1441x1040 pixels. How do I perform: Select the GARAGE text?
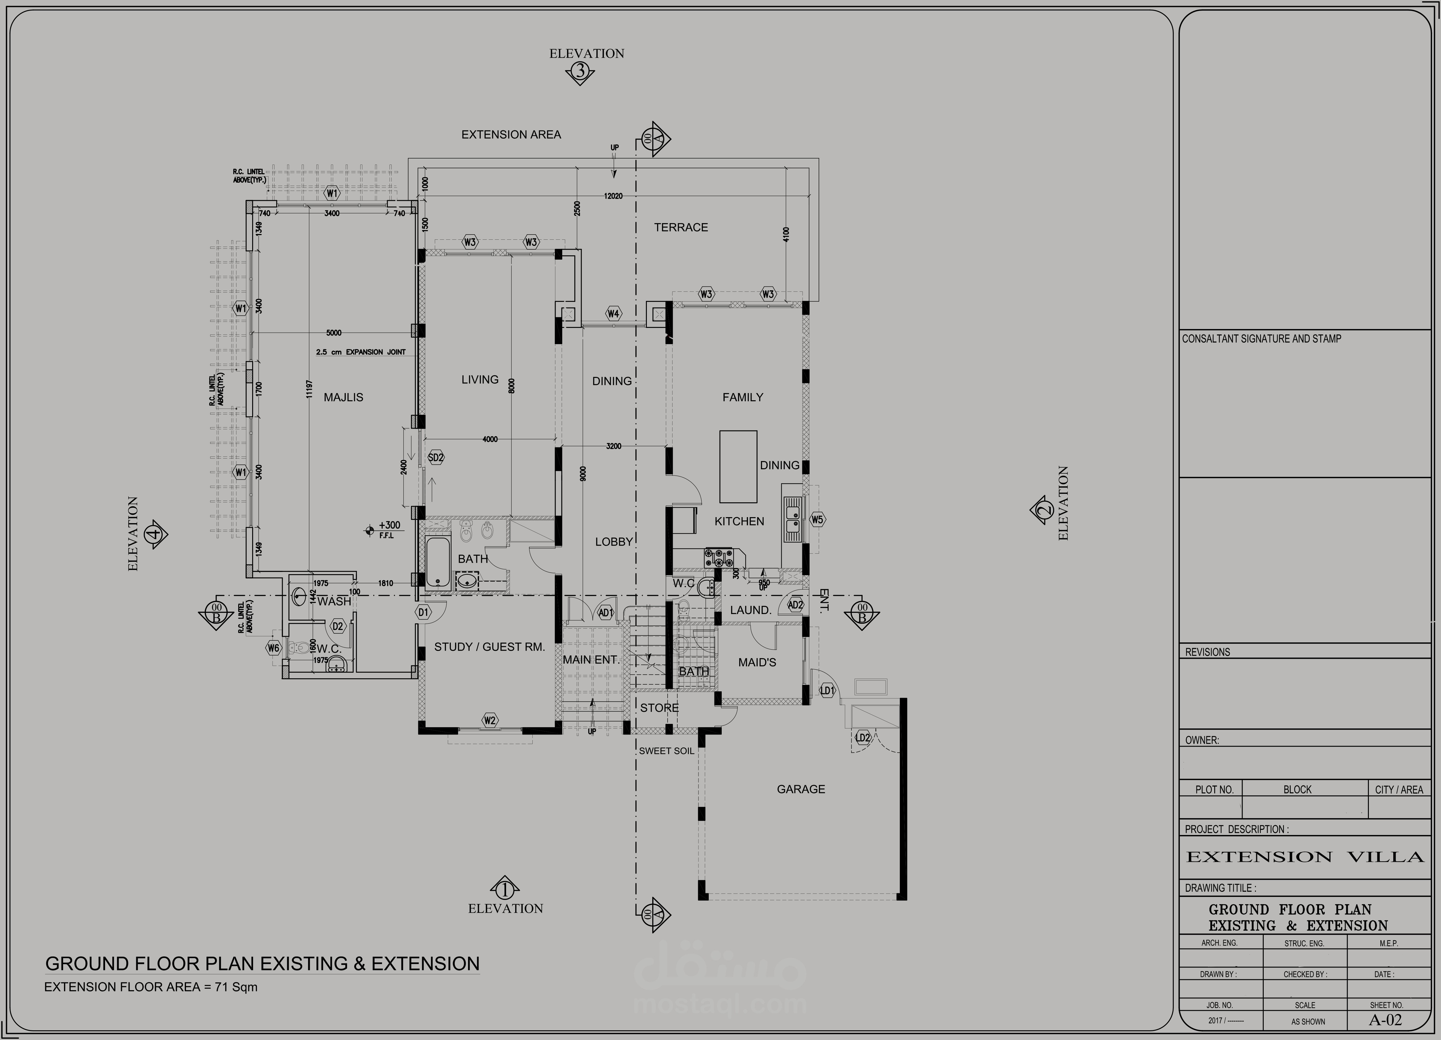coord(801,789)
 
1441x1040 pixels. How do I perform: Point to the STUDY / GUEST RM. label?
coord(489,647)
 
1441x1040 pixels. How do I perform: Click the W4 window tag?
coord(612,313)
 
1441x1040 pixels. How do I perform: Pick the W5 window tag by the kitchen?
coord(817,520)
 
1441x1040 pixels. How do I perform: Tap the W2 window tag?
coord(489,720)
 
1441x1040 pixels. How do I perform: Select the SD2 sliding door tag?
coord(436,457)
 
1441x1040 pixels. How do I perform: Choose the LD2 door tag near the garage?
coord(863,738)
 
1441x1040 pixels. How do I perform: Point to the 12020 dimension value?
coord(613,196)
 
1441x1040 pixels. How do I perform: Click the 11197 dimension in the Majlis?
coord(309,389)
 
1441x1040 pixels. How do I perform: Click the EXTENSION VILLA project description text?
coord(1305,857)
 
